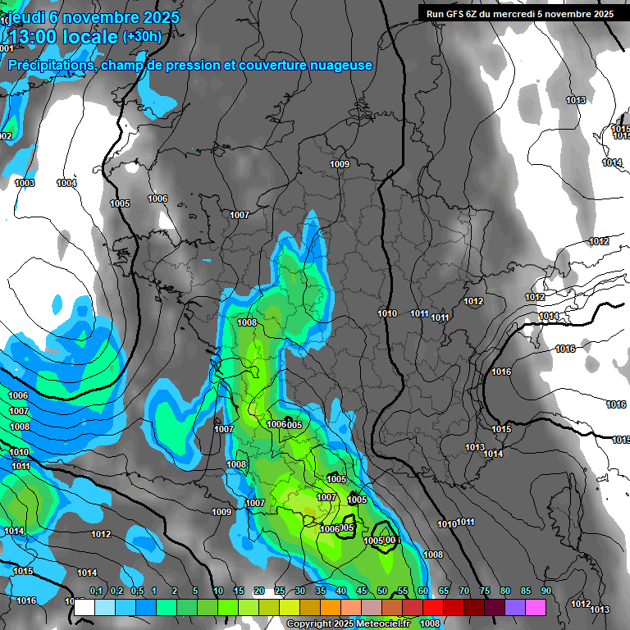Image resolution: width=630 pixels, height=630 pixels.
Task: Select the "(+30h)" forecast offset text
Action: tap(142, 37)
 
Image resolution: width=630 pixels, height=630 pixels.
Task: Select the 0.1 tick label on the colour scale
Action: tap(95, 591)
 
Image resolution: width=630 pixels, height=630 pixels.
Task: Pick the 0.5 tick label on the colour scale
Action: tap(136, 591)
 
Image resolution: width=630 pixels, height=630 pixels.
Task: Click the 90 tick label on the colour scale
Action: tap(546, 591)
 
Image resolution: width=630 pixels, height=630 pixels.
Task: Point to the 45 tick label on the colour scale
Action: tap(362, 591)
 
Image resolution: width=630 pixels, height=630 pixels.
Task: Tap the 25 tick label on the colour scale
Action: tap(280, 591)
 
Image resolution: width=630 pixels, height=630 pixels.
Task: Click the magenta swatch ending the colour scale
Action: tap(536, 607)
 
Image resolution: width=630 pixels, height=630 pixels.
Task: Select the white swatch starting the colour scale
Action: tap(84, 607)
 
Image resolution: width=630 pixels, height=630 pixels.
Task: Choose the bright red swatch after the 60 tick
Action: tap(433, 607)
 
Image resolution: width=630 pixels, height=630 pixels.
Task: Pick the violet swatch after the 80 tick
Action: tap(515, 607)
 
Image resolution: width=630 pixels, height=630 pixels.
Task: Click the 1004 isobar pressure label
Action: tap(66, 183)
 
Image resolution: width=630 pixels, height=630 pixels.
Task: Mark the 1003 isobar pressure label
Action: tap(25, 183)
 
